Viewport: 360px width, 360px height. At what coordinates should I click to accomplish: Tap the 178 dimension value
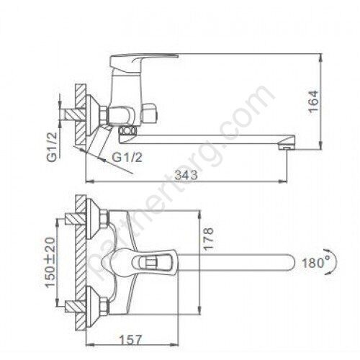(x=209, y=243)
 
